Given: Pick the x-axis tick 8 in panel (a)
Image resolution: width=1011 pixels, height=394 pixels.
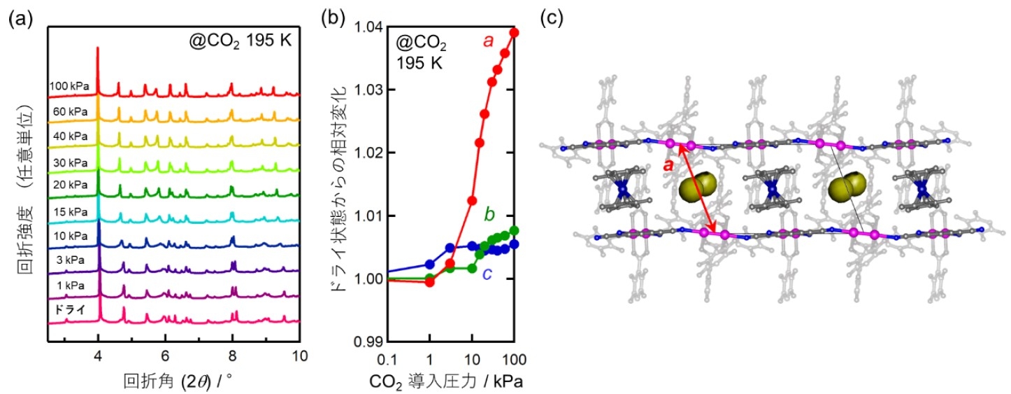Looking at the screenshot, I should tap(233, 356).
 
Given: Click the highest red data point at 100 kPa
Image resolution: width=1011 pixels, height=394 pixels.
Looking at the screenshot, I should tap(514, 32).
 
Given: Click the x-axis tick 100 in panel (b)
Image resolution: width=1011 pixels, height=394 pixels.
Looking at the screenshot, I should tap(514, 359).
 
